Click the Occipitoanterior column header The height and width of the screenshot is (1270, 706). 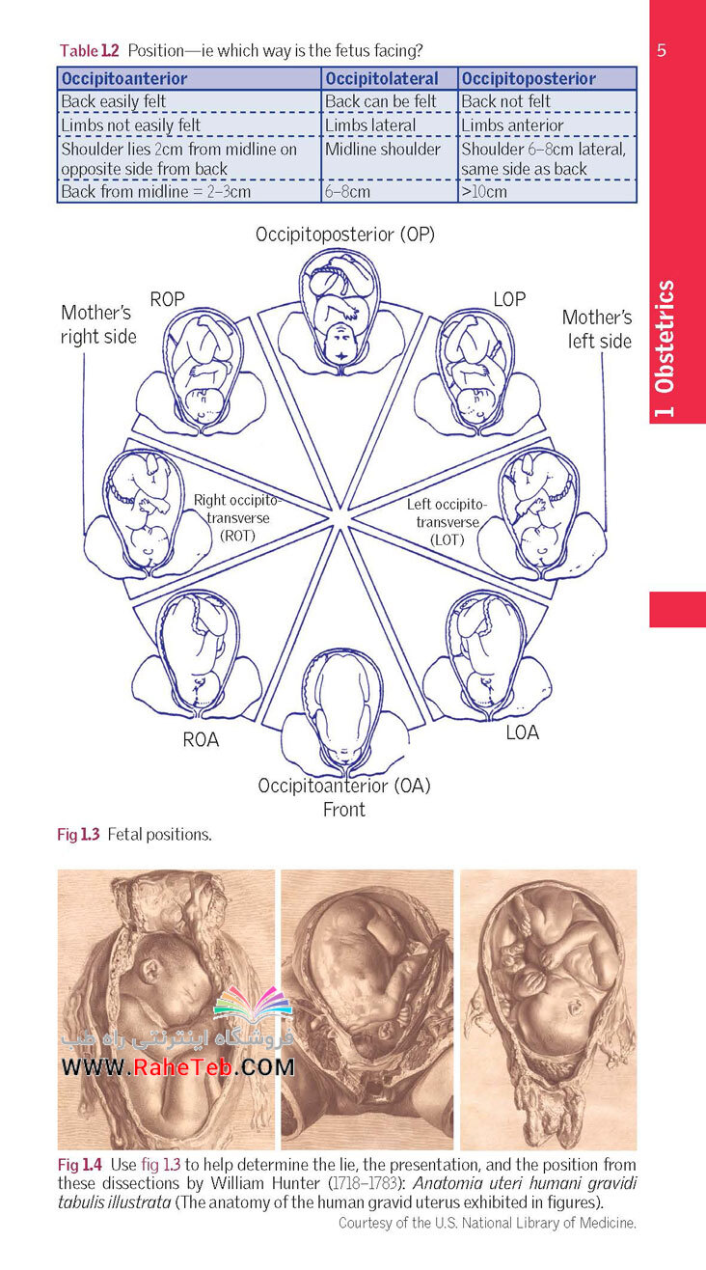click(x=124, y=78)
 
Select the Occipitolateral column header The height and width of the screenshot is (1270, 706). click(x=382, y=78)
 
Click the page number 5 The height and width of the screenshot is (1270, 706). click(x=662, y=50)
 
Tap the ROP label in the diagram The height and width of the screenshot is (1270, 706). click(x=167, y=299)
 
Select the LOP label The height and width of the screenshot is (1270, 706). click(x=509, y=299)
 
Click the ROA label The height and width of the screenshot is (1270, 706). click(x=201, y=739)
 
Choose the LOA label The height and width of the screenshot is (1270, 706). click(x=523, y=732)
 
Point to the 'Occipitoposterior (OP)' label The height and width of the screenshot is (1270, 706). click(x=345, y=235)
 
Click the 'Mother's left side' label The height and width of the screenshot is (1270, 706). click(x=598, y=329)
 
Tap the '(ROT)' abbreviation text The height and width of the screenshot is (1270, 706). click(x=237, y=536)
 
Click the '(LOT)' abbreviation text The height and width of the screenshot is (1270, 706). click(x=448, y=539)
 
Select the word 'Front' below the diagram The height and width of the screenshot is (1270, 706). click(x=344, y=809)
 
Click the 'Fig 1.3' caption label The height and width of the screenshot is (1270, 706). click(x=78, y=834)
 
